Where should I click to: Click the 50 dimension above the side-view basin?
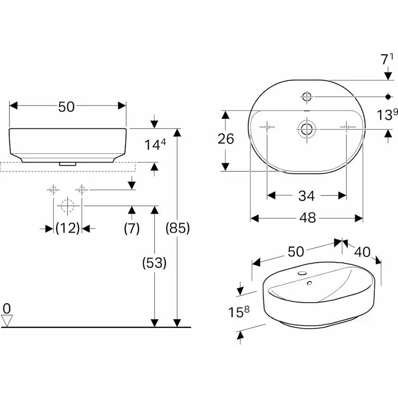tap(67, 107)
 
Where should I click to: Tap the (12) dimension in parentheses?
tap(67, 228)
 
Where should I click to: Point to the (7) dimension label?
tap(131, 228)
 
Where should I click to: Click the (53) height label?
tap(154, 263)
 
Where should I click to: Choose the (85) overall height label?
tap(178, 228)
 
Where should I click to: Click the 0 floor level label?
tap(7, 308)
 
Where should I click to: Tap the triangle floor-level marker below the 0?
tap(7, 320)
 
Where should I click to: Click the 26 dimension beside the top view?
tap(225, 139)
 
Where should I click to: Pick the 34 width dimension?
tap(306, 196)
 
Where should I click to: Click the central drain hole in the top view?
tap(306, 128)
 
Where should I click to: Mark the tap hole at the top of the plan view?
tap(306, 97)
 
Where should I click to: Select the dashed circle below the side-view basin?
tap(67, 206)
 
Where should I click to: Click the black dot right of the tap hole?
tap(388, 97)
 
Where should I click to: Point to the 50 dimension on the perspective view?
tap(296, 251)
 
